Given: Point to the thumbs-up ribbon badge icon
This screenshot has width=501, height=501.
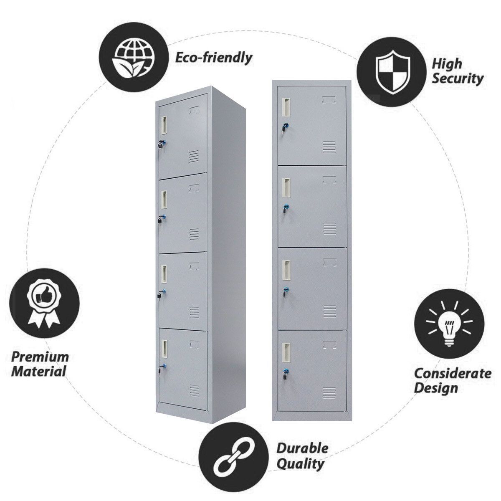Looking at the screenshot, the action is pyautogui.click(x=44, y=304).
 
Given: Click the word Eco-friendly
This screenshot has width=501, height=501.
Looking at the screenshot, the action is pyautogui.click(x=213, y=58).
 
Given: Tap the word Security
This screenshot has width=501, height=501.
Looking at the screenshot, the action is pyautogui.click(x=458, y=79).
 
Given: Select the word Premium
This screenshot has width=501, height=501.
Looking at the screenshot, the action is pyautogui.click(x=40, y=357).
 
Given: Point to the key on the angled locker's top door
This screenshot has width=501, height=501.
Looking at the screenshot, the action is pyautogui.click(x=162, y=144).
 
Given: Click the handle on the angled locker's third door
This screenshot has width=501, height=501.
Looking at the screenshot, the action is pyautogui.click(x=164, y=274).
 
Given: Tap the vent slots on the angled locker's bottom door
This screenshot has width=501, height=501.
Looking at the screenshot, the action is pyautogui.click(x=194, y=390).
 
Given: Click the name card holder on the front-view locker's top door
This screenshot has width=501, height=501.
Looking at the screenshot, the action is pyautogui.click(x=329, y=100).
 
